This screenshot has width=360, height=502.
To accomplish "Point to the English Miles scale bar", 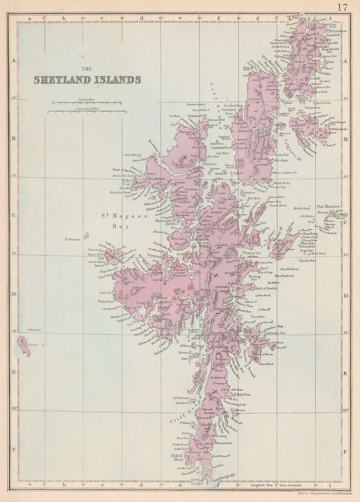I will click(x=88, y=104).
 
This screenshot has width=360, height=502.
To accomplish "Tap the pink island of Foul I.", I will click(x=23, y=345).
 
